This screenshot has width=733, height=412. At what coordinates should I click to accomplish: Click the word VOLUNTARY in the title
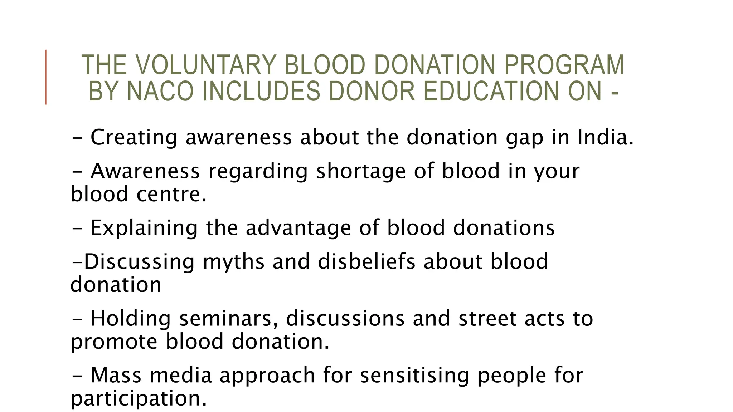[x=206, y=65]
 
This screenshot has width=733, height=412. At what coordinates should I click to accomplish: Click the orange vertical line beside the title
[x=46, y=77]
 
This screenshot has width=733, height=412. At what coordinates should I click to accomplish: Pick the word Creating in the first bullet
[x=134, y=138]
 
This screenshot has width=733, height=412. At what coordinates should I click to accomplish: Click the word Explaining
[x=144, y=229]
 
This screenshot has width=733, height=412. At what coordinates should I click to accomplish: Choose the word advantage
[x=298, y=229]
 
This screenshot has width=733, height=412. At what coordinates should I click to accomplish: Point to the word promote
[x=114, y=342]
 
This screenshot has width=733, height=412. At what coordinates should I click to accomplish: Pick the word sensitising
[x=414, y=376]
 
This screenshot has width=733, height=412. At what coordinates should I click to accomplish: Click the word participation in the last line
[x=139, y=399]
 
